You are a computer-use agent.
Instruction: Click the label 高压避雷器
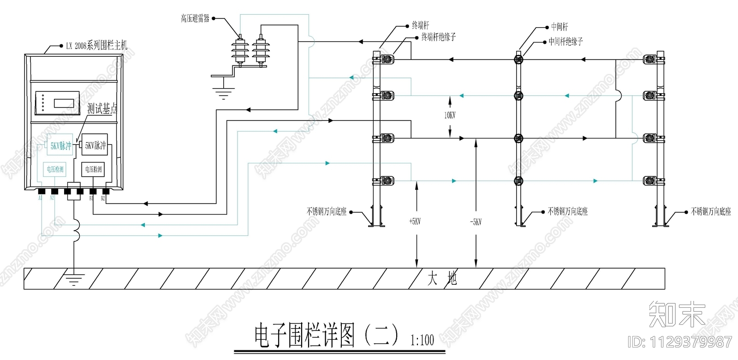(x=195, y=18)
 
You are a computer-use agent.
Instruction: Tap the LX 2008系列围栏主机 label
(x=96, y=45)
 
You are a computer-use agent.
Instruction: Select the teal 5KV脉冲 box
(x=60, y=146)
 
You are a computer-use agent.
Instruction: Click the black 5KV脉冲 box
(x=95, y=146)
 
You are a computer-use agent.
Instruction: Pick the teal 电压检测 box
(x=55, y=169)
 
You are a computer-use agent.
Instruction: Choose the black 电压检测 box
(x=93, y=169)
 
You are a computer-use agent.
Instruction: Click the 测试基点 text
(x=102, y=109)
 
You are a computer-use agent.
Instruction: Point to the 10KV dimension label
(x=450, y=115)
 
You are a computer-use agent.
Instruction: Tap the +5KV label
(x=415, y=222)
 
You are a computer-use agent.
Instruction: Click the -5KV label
(x=476, y=222)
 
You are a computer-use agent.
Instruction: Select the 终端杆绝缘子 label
(x=438, y=37)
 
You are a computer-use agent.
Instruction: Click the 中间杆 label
(x=559, y=27)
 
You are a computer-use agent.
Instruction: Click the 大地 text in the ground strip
(x=442, y=278)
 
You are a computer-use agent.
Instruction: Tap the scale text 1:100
(x=422, y=341)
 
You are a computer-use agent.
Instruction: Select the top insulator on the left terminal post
(x=387, y=60)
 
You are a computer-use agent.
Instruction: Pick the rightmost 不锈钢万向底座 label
(x=711, y=211)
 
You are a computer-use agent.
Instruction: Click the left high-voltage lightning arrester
(x=240, y=50)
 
